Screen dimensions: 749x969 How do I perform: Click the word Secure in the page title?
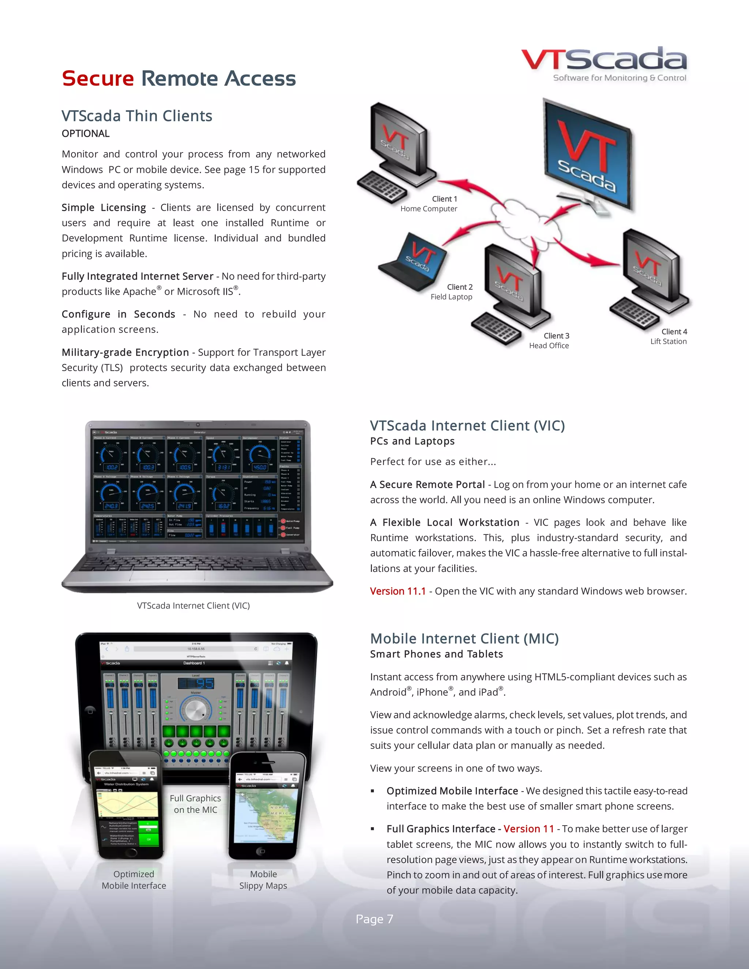point(98,79)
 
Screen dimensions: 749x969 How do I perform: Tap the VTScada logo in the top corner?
point(604,64)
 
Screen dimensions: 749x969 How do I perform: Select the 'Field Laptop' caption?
point(451,297)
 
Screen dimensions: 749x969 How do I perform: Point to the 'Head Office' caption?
point(549,346)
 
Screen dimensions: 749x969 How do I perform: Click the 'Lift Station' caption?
point(668,341)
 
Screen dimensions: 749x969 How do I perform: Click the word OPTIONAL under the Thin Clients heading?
point(86,133)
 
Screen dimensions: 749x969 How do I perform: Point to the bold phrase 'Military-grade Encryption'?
point(125,352)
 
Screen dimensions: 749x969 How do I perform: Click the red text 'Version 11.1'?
point(398,591)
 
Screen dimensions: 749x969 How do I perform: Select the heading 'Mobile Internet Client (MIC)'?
point(464,638)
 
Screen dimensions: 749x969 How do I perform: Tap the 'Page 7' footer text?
point(374,919)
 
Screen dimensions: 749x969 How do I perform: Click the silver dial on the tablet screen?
point(195,710)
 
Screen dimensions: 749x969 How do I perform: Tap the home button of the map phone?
point(262,851)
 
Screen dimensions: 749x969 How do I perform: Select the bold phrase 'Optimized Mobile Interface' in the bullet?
point(452,791)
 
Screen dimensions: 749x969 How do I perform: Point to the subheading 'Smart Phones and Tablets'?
point(437,654)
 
